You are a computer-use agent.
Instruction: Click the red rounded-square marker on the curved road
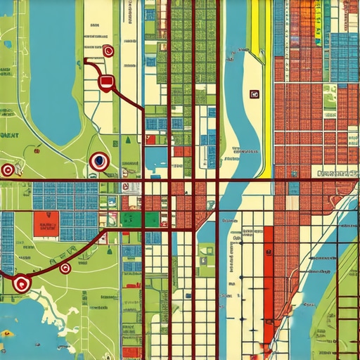point(105,83)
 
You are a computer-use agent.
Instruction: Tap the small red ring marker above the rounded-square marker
point(108,51)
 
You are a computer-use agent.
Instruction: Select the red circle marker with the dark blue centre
point(98,161)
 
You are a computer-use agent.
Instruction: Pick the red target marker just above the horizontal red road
point(8,169)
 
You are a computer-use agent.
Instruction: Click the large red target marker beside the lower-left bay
point(22,283)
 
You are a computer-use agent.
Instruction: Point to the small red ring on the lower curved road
point(65,268)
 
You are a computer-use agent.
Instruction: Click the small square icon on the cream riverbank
point(254,94)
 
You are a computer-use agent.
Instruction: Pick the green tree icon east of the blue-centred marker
point(127,140)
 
